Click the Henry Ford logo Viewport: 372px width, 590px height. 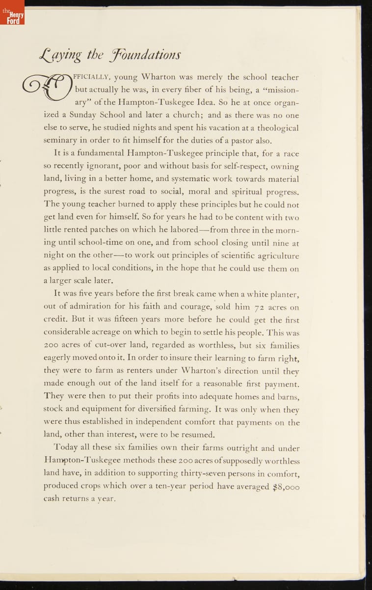click(12, 15)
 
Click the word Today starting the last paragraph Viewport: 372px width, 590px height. click(67, 448)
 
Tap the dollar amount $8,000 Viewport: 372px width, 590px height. click(286, 486)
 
